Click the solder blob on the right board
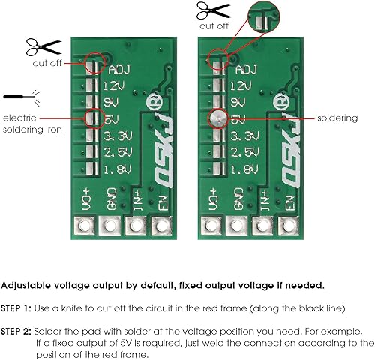[x=217, y=118]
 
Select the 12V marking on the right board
[x=244, y=85]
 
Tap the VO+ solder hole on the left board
[x=85, y=225]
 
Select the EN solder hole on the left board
[x=160, y=225]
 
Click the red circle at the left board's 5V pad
[x=94, y=118]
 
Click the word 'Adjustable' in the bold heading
[x=28, y=286]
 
